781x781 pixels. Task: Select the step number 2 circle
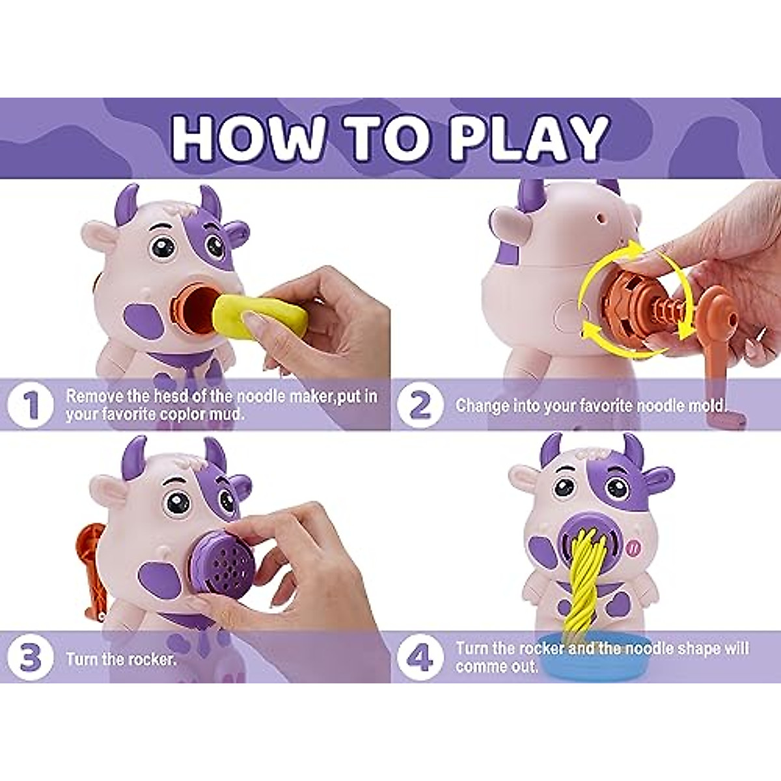[420, 405]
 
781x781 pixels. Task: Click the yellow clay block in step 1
[260, 316]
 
